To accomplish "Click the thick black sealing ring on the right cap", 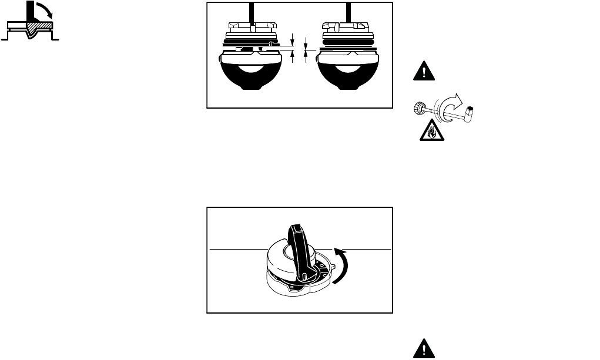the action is point(347,43).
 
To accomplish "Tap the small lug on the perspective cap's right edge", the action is point(333,265).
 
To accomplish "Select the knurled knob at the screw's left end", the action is point(418,107).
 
